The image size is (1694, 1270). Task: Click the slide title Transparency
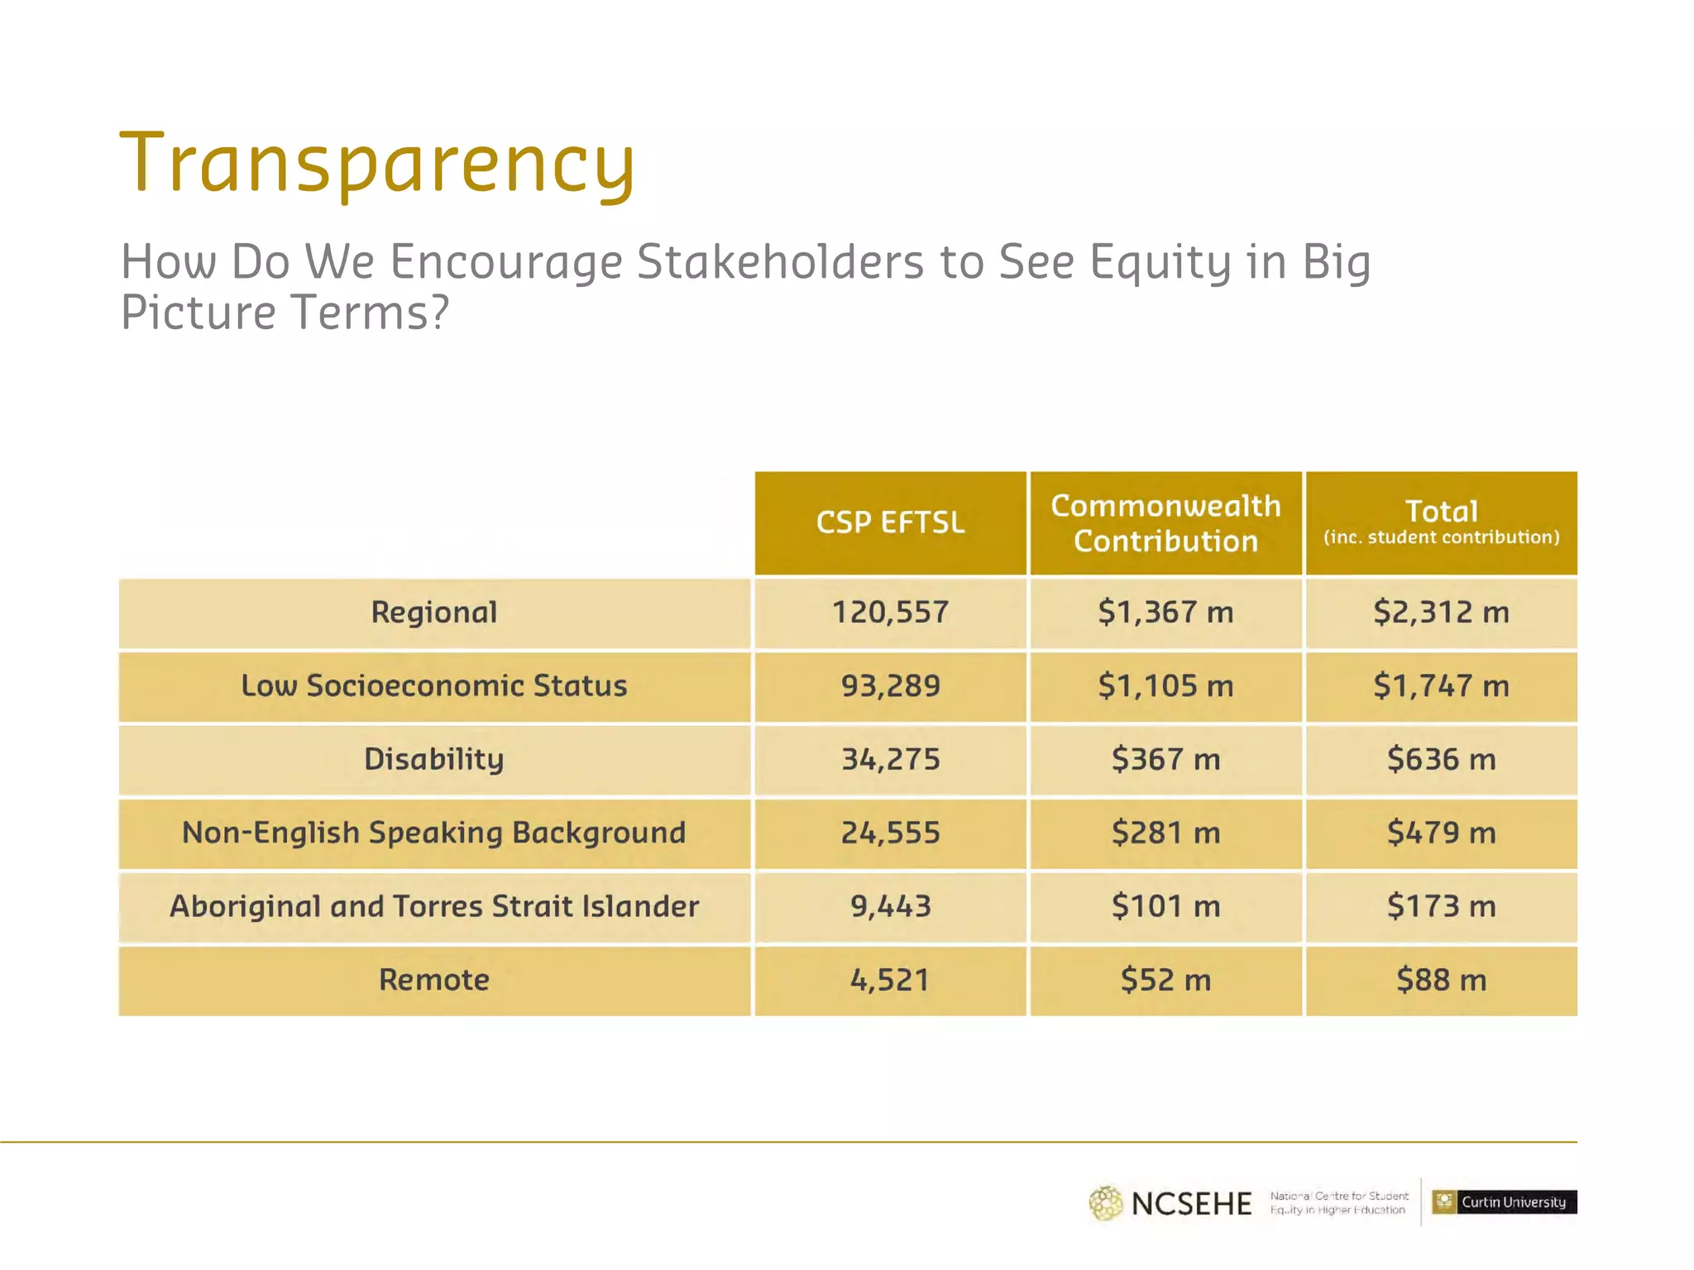tap(377, 164)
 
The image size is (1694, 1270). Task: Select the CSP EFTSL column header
tap(890, 523)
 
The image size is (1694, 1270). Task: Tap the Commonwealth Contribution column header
tap(1165, 523)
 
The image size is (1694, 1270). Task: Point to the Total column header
tap(1441, 523)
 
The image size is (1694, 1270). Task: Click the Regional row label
tap(434, 613)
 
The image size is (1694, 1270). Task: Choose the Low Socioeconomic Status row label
tap(434, 686)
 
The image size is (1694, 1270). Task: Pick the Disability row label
tap(434, 759)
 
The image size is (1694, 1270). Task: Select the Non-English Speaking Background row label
tap(434, 833)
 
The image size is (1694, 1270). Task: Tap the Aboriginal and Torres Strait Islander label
tap(434, 906)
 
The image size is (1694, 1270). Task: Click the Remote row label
tap(434, 980)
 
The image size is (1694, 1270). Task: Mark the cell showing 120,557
tap(890, 613)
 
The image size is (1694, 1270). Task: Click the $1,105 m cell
tap(1165, 686)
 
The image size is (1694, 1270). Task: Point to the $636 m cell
tap(1441, 759)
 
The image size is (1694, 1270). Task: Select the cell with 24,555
tap(890, 833)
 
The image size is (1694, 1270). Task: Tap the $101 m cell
tap(1165, 906)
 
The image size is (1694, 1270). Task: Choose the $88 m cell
tap(1441, 980)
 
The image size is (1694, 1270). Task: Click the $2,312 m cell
tap(1441, 613)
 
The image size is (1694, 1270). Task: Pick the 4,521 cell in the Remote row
tap(890, 980)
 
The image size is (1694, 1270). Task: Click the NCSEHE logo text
tap(1191, 1204)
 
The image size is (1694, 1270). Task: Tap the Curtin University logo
tap(1504, 1202)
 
